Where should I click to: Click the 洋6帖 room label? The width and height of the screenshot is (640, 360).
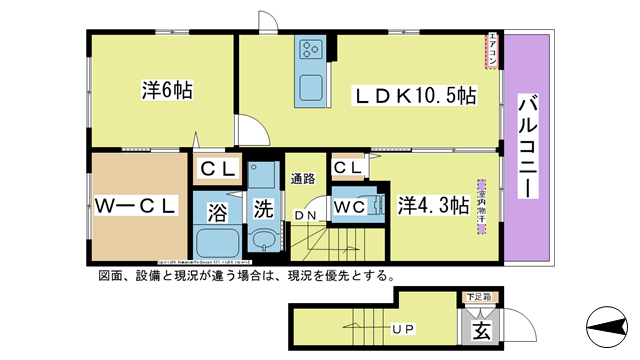tap(166, 90)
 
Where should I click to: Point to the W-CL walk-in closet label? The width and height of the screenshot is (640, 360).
tap(136, 207)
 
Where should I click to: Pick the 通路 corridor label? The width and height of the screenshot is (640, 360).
tap(303, 179)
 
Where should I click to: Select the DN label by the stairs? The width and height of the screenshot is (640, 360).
tap(306, 213)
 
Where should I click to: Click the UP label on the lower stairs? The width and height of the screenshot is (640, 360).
tap(403, 327)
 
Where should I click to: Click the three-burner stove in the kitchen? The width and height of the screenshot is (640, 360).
tap(308, 50)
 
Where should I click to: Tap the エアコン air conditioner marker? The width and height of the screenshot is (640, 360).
tap(492, 52)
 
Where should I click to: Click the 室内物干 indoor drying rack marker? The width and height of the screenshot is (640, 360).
tap(482, 204)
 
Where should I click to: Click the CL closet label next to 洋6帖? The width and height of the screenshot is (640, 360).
tap(215, 169)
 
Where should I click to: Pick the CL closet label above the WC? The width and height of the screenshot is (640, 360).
tap(348, 167)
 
